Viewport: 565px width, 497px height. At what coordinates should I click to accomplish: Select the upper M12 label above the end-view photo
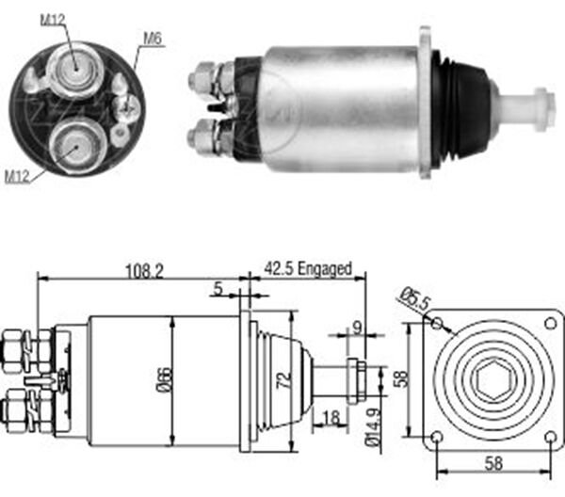coord(55,17)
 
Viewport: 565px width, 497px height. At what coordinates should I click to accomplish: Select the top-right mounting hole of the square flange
coord(550,324)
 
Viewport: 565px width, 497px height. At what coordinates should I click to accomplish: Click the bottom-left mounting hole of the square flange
coord(436,437)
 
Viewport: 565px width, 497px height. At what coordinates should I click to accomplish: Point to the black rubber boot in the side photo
coord(467,108)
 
